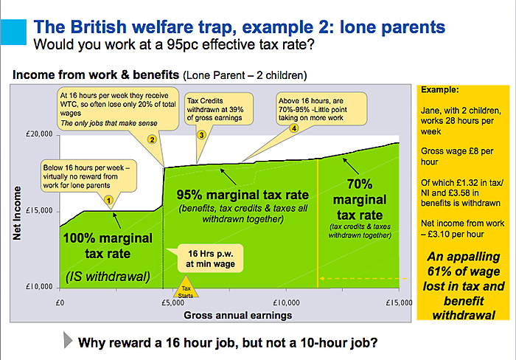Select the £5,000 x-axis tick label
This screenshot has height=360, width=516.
(172, 302)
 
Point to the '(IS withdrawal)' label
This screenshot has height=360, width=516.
(108, 277)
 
